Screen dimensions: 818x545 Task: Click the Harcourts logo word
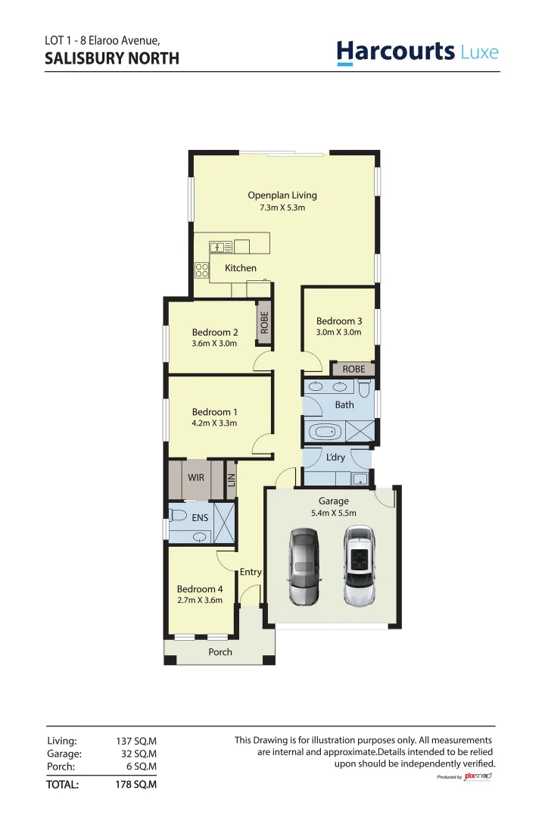click(395, 51)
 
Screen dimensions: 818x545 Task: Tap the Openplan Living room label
click(282, 195)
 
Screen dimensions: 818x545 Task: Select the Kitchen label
click(241, 268)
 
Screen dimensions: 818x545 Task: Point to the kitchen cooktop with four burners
click(201, 270)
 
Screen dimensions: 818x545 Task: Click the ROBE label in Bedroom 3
click(353, 370)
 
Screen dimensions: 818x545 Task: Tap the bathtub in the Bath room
click(326, 433)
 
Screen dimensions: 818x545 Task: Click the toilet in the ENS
click(179, 516)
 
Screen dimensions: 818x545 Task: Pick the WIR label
click(197, 478)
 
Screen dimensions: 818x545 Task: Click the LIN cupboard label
click(232, 479)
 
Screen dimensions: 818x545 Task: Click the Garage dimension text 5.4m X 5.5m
click(334, 514)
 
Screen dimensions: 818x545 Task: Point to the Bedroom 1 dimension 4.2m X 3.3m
click(214, 423)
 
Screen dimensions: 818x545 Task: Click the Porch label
click(220, 652)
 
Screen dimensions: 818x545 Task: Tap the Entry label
click(251, 573)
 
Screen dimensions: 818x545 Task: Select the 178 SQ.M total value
click(136, 785)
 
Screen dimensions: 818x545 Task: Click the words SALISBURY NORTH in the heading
click(112, 58)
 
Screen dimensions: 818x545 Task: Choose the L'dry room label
click(335, 457)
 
